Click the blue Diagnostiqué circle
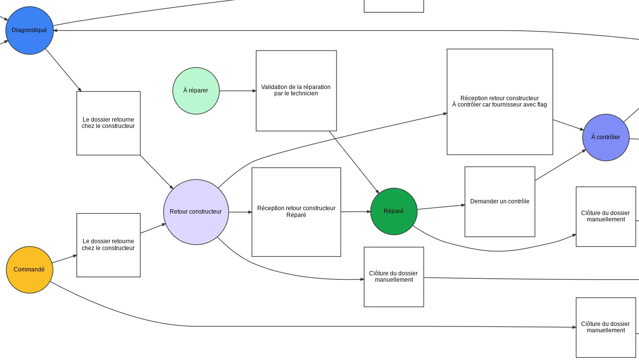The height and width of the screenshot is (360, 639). click(29, 30)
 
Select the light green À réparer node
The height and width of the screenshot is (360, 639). click(196, 91)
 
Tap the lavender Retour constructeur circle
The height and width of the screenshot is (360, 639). click(196, 212)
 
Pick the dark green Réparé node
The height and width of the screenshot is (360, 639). click(394, 212)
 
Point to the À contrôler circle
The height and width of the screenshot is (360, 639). click(606, 138)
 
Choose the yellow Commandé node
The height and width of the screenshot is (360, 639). click(29, 270)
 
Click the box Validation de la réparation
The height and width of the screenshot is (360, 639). click(296, 91)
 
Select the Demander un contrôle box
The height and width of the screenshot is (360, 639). click(500, 202)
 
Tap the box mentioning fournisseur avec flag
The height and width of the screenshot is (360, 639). click(500, 102)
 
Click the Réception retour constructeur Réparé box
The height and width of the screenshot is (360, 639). click(296, 212)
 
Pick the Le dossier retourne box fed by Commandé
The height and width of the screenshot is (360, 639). click(108, 245)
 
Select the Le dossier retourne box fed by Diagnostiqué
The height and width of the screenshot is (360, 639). click(108, 123)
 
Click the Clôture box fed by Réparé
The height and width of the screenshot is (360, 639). click(606, 216)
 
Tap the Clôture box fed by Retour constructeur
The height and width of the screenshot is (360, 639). click(394, 277)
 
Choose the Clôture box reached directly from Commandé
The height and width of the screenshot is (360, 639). click(606, 327)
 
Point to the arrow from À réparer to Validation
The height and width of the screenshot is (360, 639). click(237, 91)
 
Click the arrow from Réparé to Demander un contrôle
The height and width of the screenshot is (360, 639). click(441, 207)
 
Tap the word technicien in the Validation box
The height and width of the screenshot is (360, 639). click(304, 93)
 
